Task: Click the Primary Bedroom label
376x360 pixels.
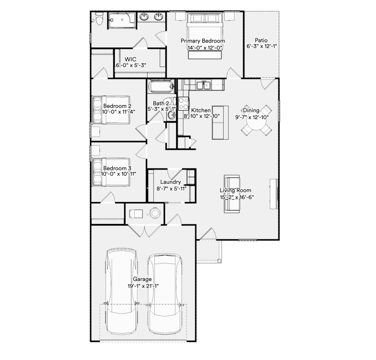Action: pos(203,41)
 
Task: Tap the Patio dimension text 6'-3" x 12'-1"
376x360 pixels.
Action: pos(261,46)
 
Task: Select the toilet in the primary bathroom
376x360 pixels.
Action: pos(99,18)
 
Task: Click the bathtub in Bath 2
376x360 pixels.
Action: pos(161,86)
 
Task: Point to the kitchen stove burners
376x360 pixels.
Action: pos(184,103)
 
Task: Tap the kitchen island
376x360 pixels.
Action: pos(220,122)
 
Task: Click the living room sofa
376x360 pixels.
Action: pos(232,194)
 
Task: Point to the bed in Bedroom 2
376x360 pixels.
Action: pos(111,110)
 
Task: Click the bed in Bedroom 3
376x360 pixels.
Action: pos(111,172)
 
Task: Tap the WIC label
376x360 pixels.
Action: pos(130,59)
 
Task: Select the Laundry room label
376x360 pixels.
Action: pos(170,182)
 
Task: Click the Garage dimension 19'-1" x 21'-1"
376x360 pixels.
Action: pos(143,286)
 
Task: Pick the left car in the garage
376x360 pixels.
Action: pos(122,291)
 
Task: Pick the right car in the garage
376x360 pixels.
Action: pos(164,294)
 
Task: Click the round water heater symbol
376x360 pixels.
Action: pos(155,213)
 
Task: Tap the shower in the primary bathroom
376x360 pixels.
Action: pos(122,21)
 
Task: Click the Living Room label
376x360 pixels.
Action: pos(235,190)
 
